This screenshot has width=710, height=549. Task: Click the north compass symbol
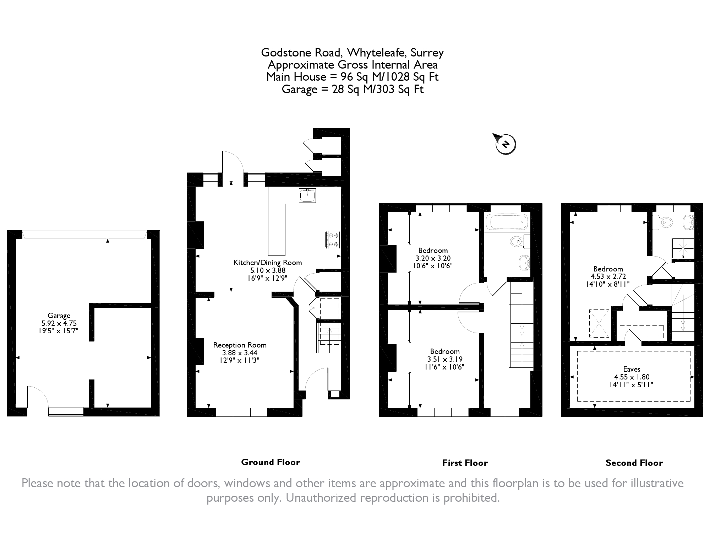pyautogui.click(x=505, y=144)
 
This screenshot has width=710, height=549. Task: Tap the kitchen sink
pyautogui.click(x=307, y=195)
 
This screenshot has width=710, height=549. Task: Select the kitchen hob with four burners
pyautogui.click(x=333, y=239)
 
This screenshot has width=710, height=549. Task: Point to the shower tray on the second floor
pyautogui.click(x=683, y=248)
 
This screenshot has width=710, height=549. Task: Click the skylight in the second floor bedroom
pyautogui.click(x=599, y=323)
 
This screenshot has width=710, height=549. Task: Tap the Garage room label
pyautogui.click(x=59, y=316)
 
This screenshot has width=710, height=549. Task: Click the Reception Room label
pyautogui.click(x=240, y=345)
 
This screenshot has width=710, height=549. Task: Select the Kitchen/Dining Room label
pyautogui.click(x=267, y=263)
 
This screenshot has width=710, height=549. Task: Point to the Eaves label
pyautogui.click(x=632, y=369)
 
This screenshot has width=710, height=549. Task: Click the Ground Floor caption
pyautogui.click(x=271, y=462)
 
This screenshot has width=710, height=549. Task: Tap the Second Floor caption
pyautogui.click(x=634, y=463)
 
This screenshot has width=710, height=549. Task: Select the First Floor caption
pyautogui.click(x=465, y=463)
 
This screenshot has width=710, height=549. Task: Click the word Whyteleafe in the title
pyautogui.click(x=377, y=53)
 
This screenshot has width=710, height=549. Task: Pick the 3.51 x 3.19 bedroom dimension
pyautogui.click(x=445, y=359)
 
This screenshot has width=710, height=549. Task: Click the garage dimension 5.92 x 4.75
pyautogui.click(x=59, y=323)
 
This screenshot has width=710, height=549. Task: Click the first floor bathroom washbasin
pyautogui.click(x=524, y=263)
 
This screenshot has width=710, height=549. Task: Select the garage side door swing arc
pyautogui.click(x=38, y=394)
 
